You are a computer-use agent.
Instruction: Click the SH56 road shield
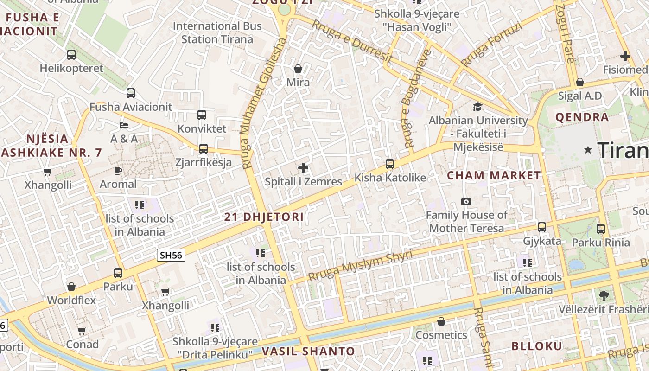click(x=171, y=255)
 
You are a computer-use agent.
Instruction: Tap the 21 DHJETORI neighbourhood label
click(x=264, y=217)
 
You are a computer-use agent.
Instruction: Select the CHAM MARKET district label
click(x=494, y=176)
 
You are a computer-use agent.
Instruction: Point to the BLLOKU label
click(x=537, y=346)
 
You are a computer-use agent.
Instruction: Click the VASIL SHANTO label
click(x=308, y=351)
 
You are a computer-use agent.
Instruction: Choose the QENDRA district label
click(x=582, y=117)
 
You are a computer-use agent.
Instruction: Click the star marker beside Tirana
click(x=588, y=150)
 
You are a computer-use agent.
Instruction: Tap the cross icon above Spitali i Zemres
click(x=303, y=168)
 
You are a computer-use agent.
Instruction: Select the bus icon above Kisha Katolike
click(x=390, y=164)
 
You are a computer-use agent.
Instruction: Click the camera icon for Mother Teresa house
click(x=466, y=201)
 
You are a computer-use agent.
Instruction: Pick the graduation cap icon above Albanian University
click(x=477, y=107)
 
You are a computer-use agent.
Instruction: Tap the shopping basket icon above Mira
click(x=298, y=69)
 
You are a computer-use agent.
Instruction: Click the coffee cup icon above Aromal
click(x=118, y=171)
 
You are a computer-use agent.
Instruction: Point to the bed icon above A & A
click(x=124, y=125)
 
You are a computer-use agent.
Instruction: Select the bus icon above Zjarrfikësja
click(x=203, y=149)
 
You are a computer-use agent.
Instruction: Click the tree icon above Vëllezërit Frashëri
click(x=604, y=295)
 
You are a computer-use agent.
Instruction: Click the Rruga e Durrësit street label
click(x=352, y=41)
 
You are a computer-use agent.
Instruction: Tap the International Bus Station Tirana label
click(x=217, y=32)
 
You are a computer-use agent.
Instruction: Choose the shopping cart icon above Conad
click(x=82, y=331)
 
